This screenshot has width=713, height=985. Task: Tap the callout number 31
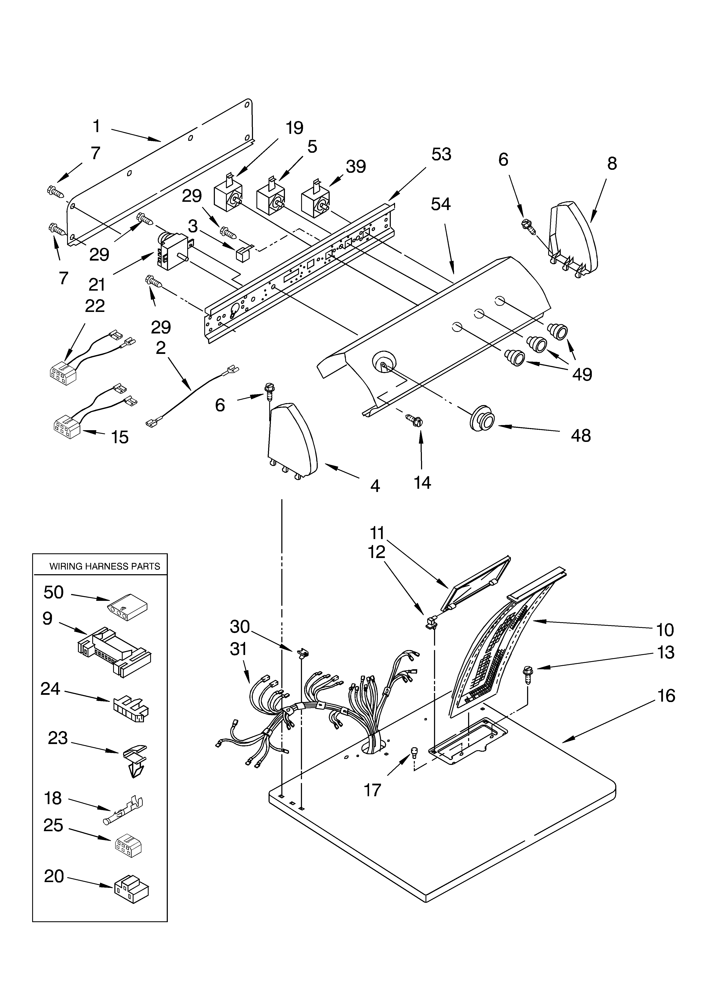point(238,648)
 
